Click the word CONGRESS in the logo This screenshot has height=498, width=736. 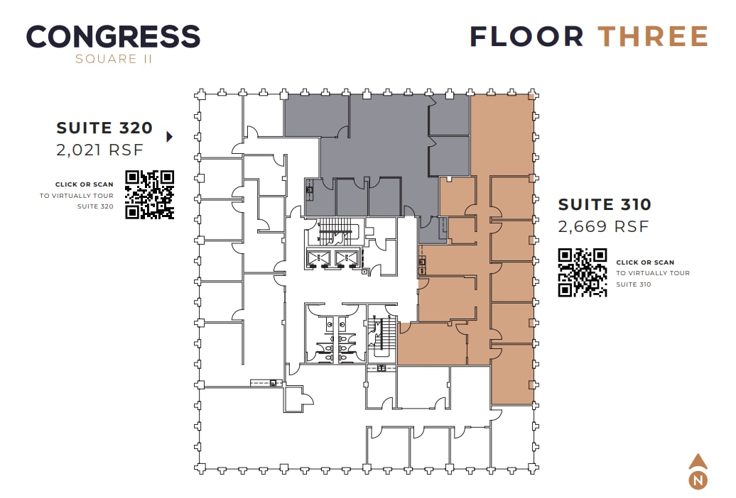[x=113, y=36]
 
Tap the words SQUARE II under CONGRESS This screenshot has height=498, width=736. [x=114, y=59]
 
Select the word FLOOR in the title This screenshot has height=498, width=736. [x=527, y=36]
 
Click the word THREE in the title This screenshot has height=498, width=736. [x=652, y=36]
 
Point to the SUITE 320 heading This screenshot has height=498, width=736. [x=104, y=128]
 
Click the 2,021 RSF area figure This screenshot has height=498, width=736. [x=99, y=150]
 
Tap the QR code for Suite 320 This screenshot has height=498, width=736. [x=149, y=194]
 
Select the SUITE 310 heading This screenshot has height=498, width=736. [x=605, y=204]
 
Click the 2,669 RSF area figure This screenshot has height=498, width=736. [x=603, y=226]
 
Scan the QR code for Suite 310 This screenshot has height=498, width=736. [x=583, y=272]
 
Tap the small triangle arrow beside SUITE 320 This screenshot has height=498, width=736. [x=169, y=136]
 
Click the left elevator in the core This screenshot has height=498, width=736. [x=317, y=258]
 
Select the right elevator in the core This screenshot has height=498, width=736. [x=347, y=258]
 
